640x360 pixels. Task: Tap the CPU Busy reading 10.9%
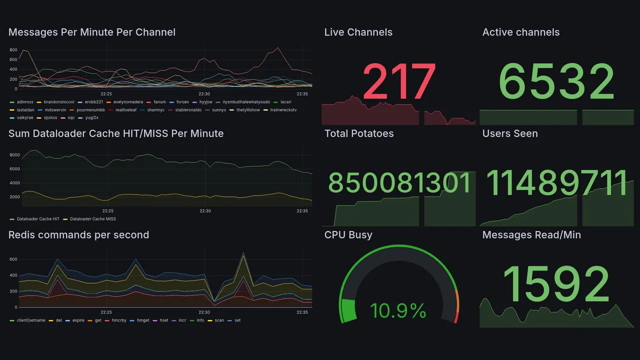398,311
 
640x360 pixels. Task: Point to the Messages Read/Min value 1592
556,283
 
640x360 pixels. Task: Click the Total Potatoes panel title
358,133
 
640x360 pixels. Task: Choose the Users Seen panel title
510,133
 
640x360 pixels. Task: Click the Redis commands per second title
78,235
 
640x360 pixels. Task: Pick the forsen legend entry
182,102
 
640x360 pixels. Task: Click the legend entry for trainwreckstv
283,110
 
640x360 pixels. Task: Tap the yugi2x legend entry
91,118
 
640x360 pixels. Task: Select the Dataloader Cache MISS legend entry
92,219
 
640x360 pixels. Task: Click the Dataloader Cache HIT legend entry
38,219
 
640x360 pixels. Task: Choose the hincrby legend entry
119,320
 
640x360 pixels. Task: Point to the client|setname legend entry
31,320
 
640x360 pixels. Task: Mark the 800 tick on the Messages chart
13,50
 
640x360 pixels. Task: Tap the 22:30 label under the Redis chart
204,312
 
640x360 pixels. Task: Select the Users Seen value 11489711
556,183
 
